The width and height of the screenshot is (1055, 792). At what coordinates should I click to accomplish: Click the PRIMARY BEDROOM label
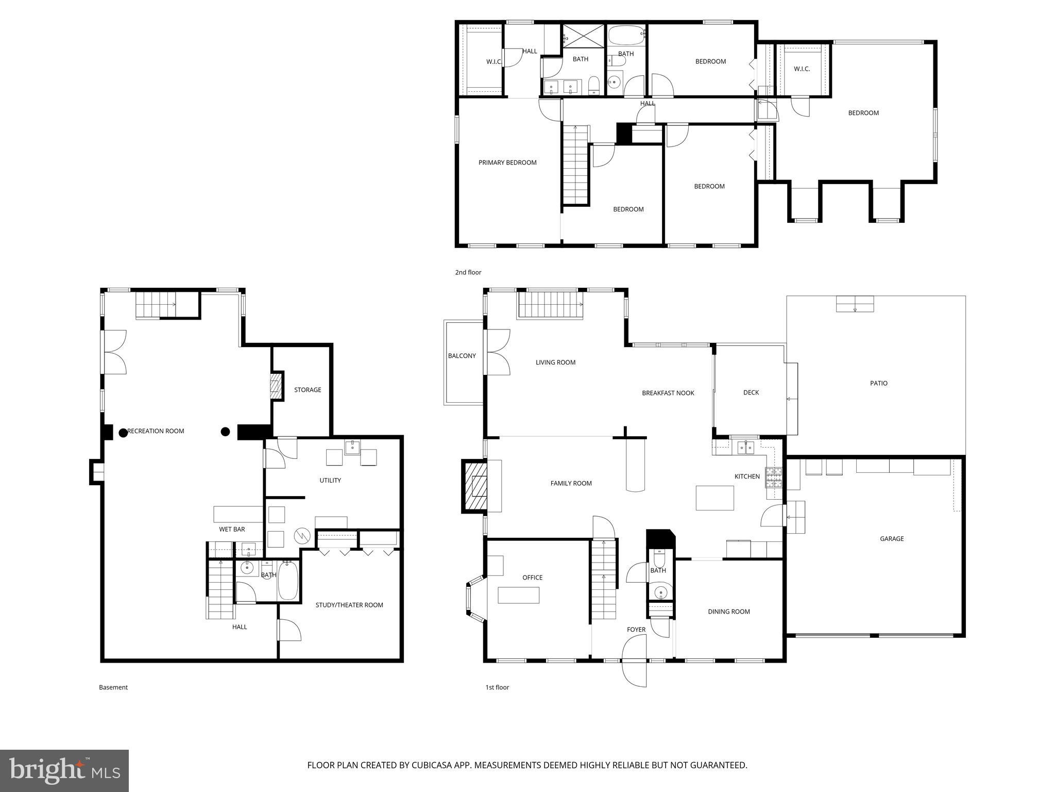click(x=507, y=162)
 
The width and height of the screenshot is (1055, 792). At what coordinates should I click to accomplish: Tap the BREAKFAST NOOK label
click(x=668, y=393)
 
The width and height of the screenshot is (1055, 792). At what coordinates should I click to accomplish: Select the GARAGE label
click(x=891, y=539)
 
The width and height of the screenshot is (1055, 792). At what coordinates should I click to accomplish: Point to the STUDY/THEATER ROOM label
click(x=349, y=605)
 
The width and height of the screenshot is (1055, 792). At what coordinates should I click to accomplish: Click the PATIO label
click(x=878, y=383)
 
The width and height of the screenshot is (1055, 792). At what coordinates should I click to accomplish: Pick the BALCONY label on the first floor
click(x=462, y=356)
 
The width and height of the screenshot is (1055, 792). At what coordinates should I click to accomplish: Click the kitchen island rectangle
click(x=714, y=498)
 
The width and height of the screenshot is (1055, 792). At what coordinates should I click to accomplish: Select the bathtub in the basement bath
click(x=288, y=582)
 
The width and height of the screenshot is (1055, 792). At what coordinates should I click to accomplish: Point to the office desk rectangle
click(x=518, y=595)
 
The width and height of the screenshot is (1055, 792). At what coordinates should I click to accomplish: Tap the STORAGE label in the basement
click(x=308, y=390)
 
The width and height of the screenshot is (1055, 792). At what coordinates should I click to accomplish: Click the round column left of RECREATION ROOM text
click(x=123, y=433)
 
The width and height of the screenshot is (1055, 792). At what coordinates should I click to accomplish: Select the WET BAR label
click(x=232, y=529)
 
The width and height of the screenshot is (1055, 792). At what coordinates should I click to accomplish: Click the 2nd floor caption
click(x=468, y=272)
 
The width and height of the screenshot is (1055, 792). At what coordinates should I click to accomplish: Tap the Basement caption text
click(x=113, y=687)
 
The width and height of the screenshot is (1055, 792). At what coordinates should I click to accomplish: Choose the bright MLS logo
click(x=64, y=770)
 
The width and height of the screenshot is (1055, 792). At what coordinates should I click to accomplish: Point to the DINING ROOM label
click(x=728, y=612)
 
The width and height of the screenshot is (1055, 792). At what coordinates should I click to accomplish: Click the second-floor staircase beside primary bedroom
click(x=575, y=165)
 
